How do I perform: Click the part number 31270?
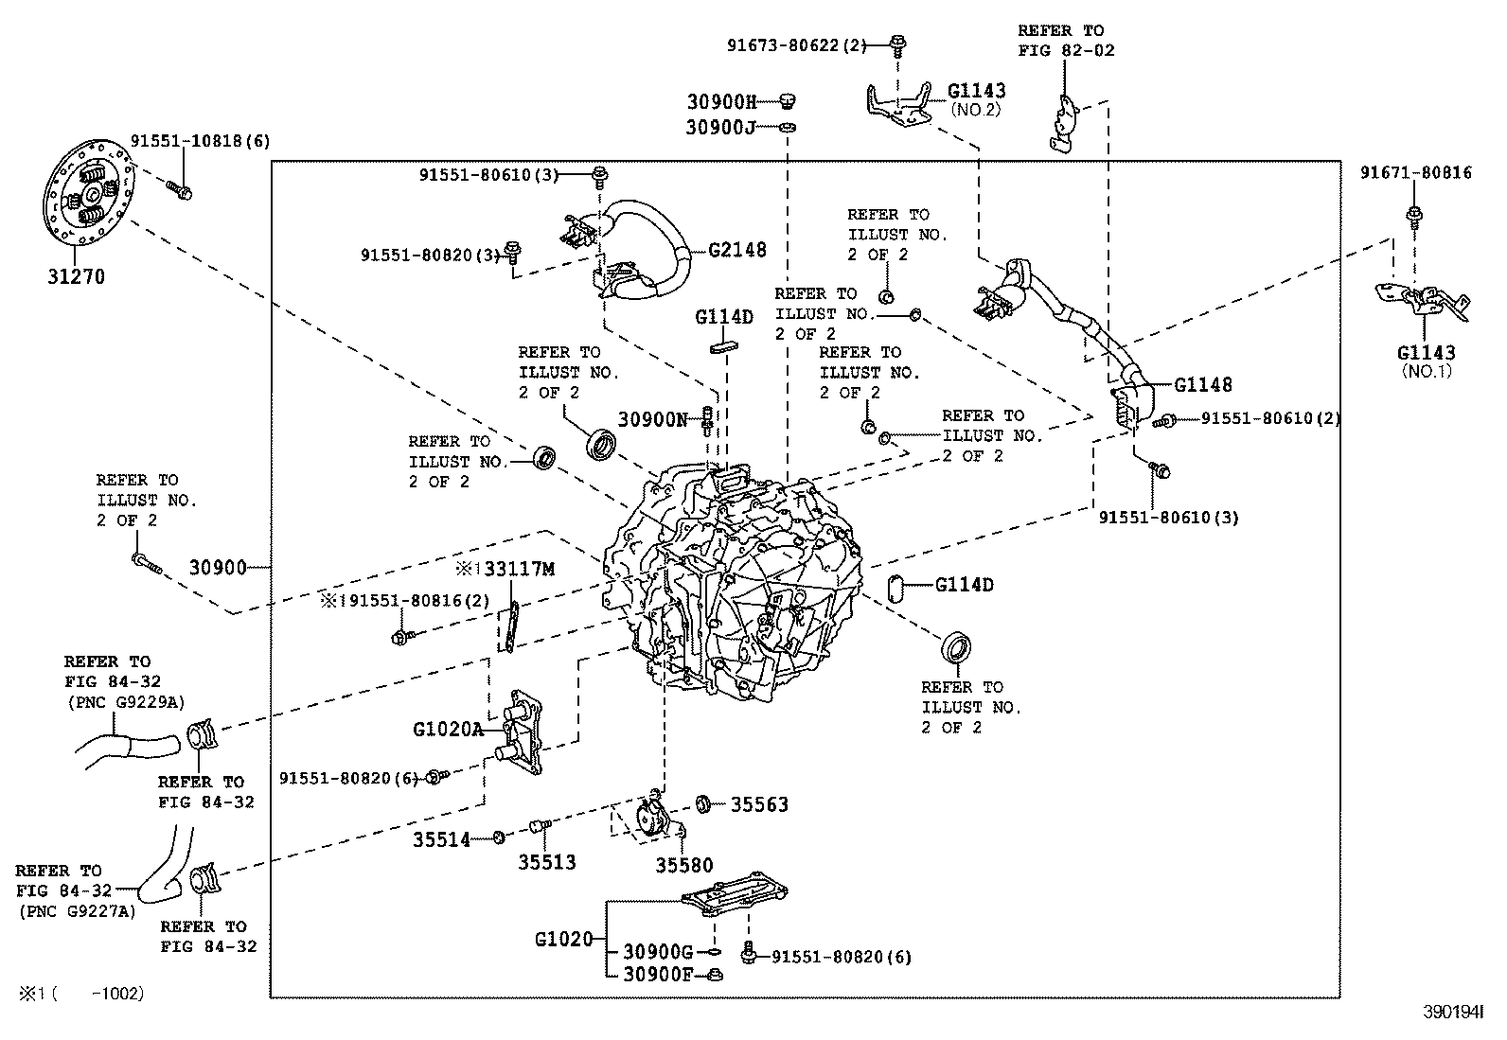[x=76, y=277]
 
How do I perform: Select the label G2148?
[x=737, y=250]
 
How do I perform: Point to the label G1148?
[x=1203, y=384]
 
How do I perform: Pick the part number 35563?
[x=759, y=804]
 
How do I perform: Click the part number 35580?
[x=684, y=865]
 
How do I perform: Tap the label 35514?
[x=441, y=838]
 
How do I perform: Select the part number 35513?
[x=546, y=862]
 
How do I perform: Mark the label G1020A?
[x=448, y=730]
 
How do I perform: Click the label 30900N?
[x=652, y=418]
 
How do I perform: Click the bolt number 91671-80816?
[x=1416, y=172]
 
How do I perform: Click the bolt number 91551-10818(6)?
[x=200, y=141]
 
